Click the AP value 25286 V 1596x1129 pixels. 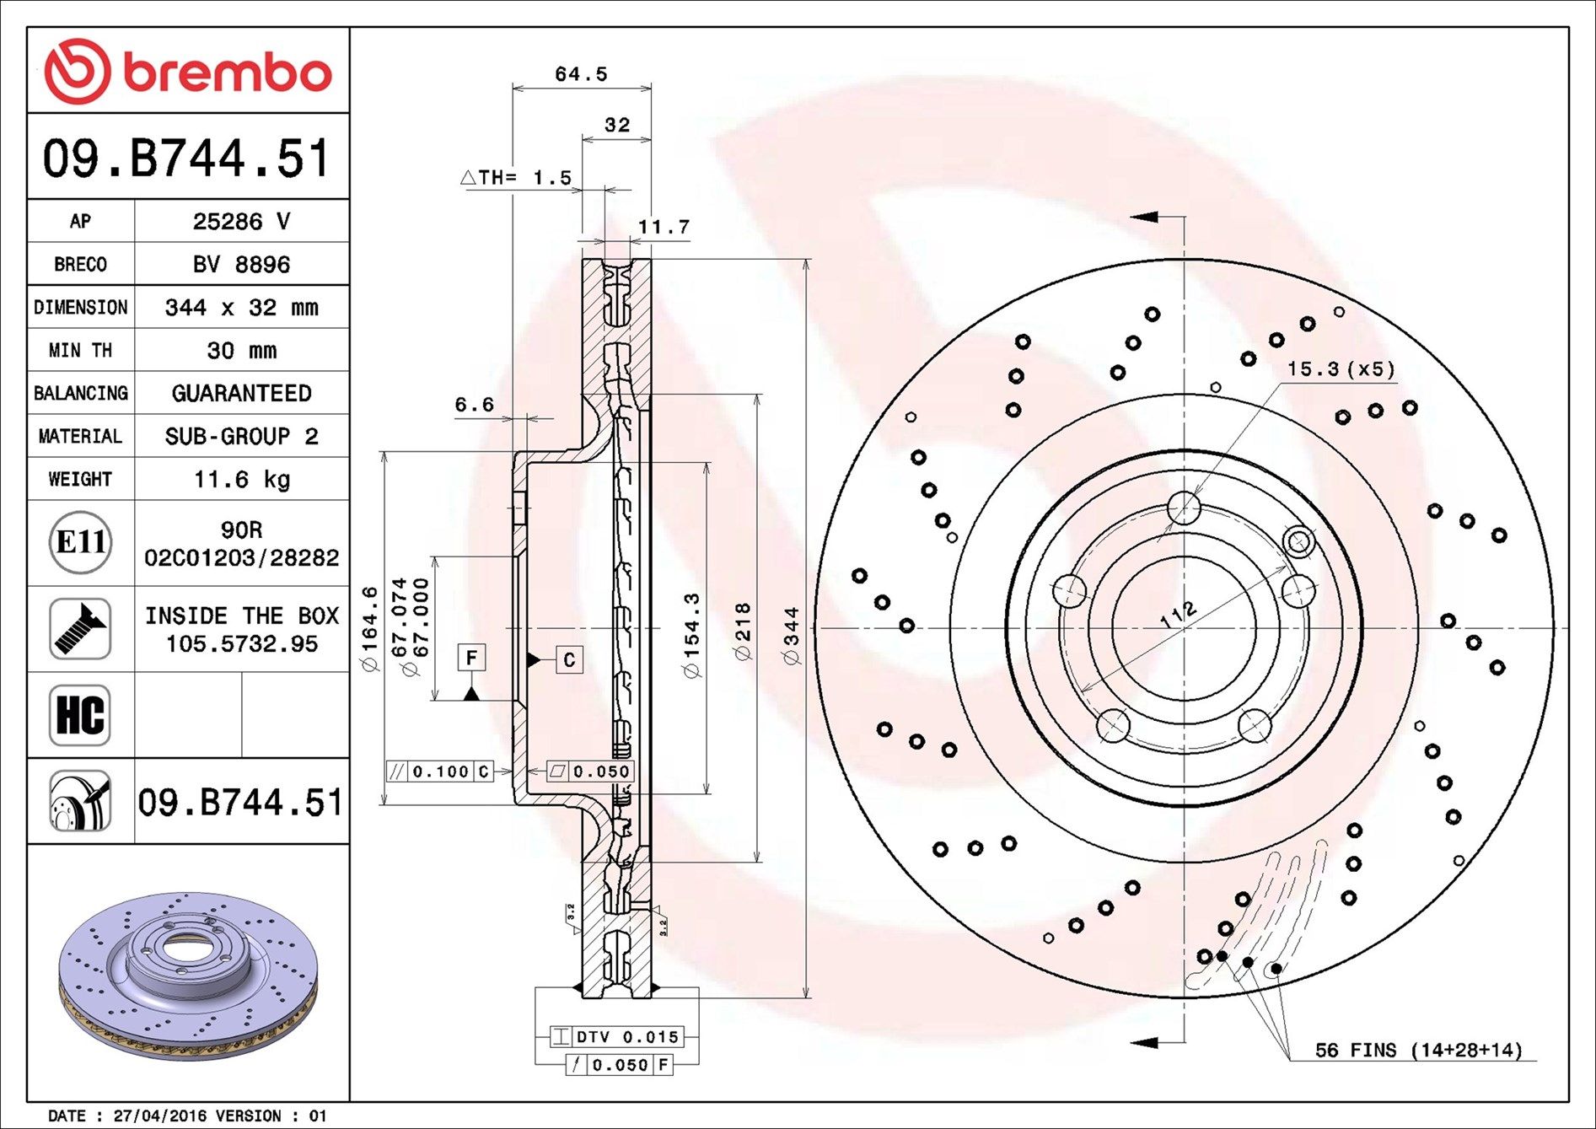click(241, 222)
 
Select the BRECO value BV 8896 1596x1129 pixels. click(241, 265)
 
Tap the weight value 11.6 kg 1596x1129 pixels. click(241, 480)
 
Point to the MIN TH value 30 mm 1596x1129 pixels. click(241, 351)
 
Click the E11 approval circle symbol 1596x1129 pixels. click(80, 542)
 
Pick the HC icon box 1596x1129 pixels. click(80, 715)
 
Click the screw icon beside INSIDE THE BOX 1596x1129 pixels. click(80, 629)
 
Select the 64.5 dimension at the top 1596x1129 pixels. click(581, 74)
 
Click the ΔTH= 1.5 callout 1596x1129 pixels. click(516, 178)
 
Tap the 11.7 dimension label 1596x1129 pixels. click(664, 227)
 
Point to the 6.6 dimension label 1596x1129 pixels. click(474, 405)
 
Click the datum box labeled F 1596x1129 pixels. click(471, 658)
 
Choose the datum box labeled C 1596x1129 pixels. click(569, 660)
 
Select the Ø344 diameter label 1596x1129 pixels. click(792, 636)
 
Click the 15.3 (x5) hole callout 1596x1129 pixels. click(1341, 369)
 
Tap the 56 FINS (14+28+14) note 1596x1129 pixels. click(1418, 1051)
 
